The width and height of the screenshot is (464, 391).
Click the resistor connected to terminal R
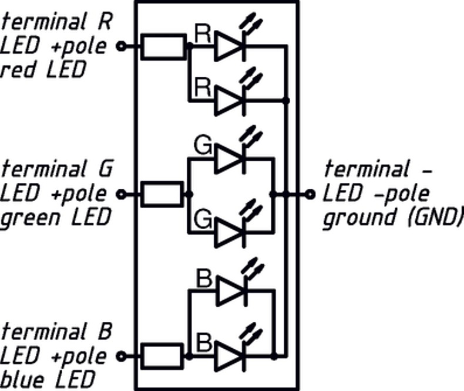pyautogui.click(x=162, y=46)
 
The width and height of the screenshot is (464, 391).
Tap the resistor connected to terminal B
pyautogui.click(x=162, y=356)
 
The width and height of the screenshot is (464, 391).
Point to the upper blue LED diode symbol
pyautogui.click(x=231, y=291)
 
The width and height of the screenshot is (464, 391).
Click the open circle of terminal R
pyautogui.click(x=122, y=46)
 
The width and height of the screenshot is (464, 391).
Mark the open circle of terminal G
pyautogui.click(x=122, y=194)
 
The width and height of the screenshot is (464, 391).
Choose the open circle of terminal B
pyautogui.click(x=122, y=356)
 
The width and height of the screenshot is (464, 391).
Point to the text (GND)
pyautogui.click(x=432, y=218)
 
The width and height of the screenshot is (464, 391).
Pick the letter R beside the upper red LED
pyautogui.click(x=203, y=34)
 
